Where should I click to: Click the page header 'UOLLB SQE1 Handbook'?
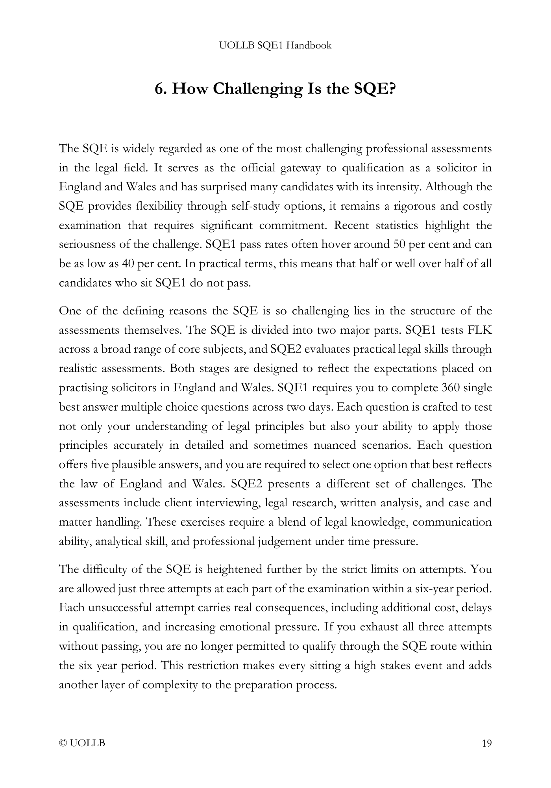click(275, 46)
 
